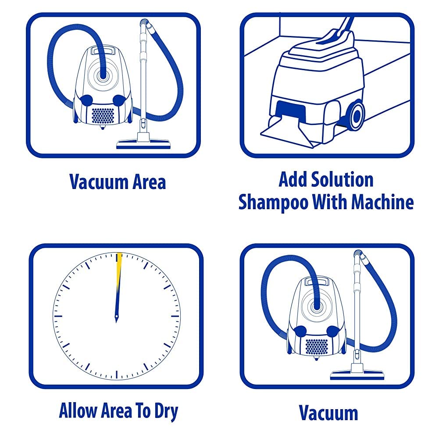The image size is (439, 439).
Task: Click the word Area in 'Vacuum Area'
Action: (x=149, y=182)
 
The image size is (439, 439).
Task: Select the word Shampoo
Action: (x=273, y=203)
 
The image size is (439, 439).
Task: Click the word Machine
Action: (x=382, y=202)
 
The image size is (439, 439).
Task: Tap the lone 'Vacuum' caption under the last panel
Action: (x=328, y=413)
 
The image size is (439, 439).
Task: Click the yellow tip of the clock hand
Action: (x=119, y=262)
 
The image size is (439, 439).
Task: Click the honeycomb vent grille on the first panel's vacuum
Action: (x=103, y=116)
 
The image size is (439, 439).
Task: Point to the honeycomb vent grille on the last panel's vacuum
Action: (x=317, y=346)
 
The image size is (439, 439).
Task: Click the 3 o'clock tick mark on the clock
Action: (x=175, y=316)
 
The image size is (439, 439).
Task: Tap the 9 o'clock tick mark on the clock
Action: (x=58, y=316)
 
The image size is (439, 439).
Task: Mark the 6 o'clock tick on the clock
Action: (x=117, y=375)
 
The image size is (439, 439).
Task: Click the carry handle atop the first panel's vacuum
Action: (x=103, y=51)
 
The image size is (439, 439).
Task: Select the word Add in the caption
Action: (x=293, y=179)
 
